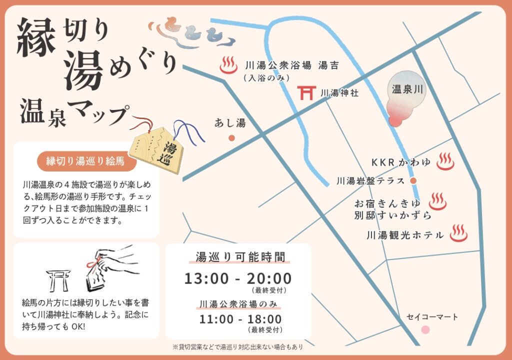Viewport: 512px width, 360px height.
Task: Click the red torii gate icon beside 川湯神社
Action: (305, 93)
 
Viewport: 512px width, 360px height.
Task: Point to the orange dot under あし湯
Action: (231, 137)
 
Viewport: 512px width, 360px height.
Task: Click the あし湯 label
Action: (230, 122)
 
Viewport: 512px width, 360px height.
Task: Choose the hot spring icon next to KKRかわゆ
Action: (445, 162)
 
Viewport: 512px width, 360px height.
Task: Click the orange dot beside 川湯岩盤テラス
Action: (413, 180)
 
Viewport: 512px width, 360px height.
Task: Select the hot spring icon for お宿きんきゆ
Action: (437, 201)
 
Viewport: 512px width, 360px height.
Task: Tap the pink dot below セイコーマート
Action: (425, 329)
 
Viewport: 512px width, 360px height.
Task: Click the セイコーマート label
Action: (432, 316)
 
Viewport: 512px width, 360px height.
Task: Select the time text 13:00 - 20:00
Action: (237, 278)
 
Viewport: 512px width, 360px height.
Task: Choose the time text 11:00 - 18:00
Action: (240, 318)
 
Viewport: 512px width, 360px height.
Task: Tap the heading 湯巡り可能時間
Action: (240, 257)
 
